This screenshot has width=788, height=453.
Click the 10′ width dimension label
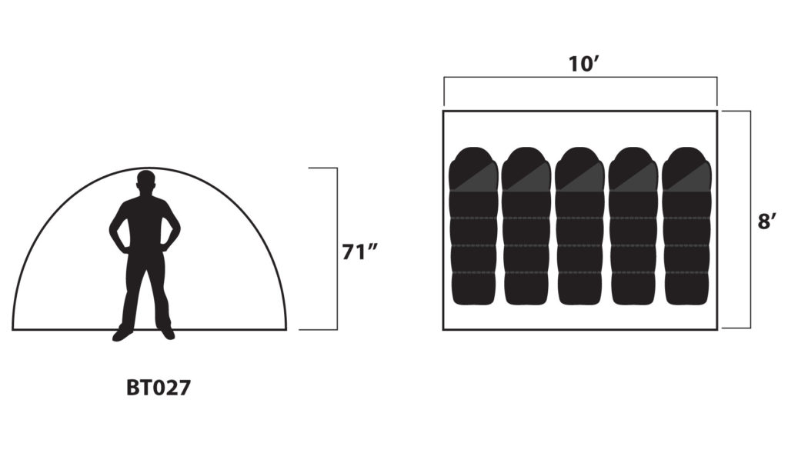[x=583, y=65]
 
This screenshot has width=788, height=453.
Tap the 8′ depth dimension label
[x=767, y=221]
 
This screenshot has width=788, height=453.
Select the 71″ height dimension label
[x=360, y=252]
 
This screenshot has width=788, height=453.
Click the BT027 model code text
[x=159, y=388]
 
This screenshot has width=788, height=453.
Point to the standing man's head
[x=145, y=181]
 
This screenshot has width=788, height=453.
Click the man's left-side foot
[x=122, y=334]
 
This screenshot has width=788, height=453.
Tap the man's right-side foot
[x=167, y=334]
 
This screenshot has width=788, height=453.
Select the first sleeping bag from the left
[x=473, y=226]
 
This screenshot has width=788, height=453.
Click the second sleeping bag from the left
[x=526, y=226]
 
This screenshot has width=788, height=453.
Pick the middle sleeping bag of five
[x=580, y=226]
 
